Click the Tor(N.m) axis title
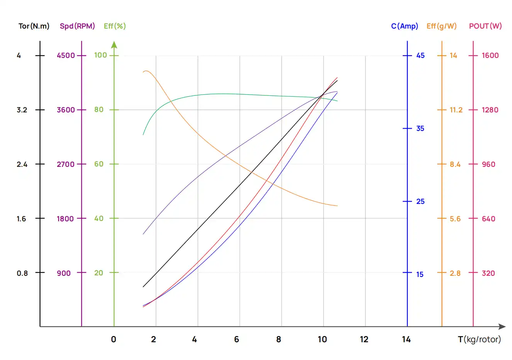pyautogui.click(x=34, y=26)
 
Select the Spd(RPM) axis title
pyautogui.click(x=77, y=26)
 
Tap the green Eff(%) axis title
pyautogui.click(x=115, y=26)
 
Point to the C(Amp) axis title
pyautogui.click(x=404, y=26)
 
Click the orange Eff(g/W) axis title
pyautogui.click(x=441, y=26)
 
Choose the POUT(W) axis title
pyautogui.click(x=485, y=26)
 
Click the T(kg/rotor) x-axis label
pyautogui.click(x=479, y=340)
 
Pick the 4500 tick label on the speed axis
pyautogui.click(x=66, y=56)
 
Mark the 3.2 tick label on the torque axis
pyautogui.click(x=22, y=110)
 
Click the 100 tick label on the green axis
pyautogui.click(x=100, y=55)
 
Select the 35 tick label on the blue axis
pyautogui.click(x=420, y=129)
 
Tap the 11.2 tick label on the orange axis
pyautogui.click(x=456, y=110)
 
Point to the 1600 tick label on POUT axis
pyautogui.click(x=490, y=56)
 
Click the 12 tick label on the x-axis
pyautogui.click(x=364, y=340)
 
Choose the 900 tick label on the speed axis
pyautogui.click(x=64, y=273)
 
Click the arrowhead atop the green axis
pyautogui.click(x=114, y=45)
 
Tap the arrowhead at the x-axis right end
pyautogui.click(x=502, y=327)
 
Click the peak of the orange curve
pyautogui.click(x=146, y=71)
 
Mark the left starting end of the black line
pyautogui.click(x=143, y=287)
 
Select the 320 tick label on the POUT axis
pyautogui.click(x=488, y=273)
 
